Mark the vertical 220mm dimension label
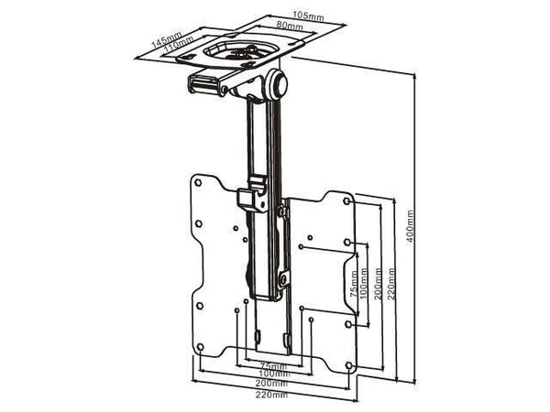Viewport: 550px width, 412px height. tap(391, 275)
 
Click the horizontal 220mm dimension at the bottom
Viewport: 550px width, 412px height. tap(274, 395)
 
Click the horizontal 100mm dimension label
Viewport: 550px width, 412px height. tap(274, 374)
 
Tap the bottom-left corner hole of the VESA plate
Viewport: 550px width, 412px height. tap(200, 348)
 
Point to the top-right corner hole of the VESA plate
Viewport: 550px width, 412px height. tap(347, 201)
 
